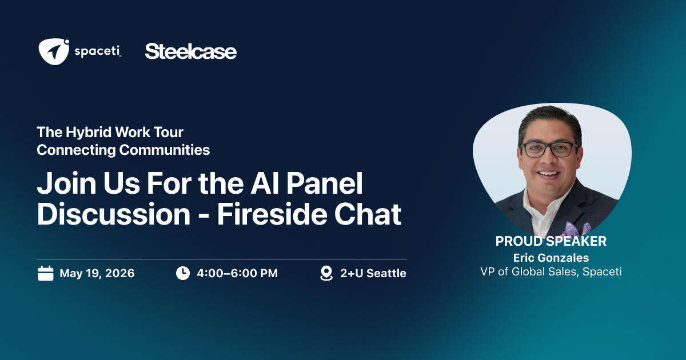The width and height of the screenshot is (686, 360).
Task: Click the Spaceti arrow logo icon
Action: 54,51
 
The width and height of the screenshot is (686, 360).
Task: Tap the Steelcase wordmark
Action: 191,51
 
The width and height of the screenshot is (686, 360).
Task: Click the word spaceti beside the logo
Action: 98,51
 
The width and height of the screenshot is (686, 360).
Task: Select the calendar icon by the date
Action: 46,273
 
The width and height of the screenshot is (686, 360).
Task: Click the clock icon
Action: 183,273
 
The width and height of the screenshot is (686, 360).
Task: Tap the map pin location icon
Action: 326,273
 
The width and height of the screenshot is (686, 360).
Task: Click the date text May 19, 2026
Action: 97,273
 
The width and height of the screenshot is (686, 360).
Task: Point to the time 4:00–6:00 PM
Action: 237,273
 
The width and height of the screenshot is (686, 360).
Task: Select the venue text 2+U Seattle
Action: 373,273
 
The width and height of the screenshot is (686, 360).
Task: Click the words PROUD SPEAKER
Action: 551,241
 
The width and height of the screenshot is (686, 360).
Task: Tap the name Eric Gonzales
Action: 551,258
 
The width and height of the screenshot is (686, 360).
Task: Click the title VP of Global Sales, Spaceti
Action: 551,272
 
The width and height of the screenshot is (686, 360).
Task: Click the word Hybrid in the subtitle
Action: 89,133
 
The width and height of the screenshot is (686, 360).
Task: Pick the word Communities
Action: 165,150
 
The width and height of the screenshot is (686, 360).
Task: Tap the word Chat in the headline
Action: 368,214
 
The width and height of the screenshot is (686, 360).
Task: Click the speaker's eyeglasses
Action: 550,150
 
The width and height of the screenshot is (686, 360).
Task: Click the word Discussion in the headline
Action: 114,214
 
